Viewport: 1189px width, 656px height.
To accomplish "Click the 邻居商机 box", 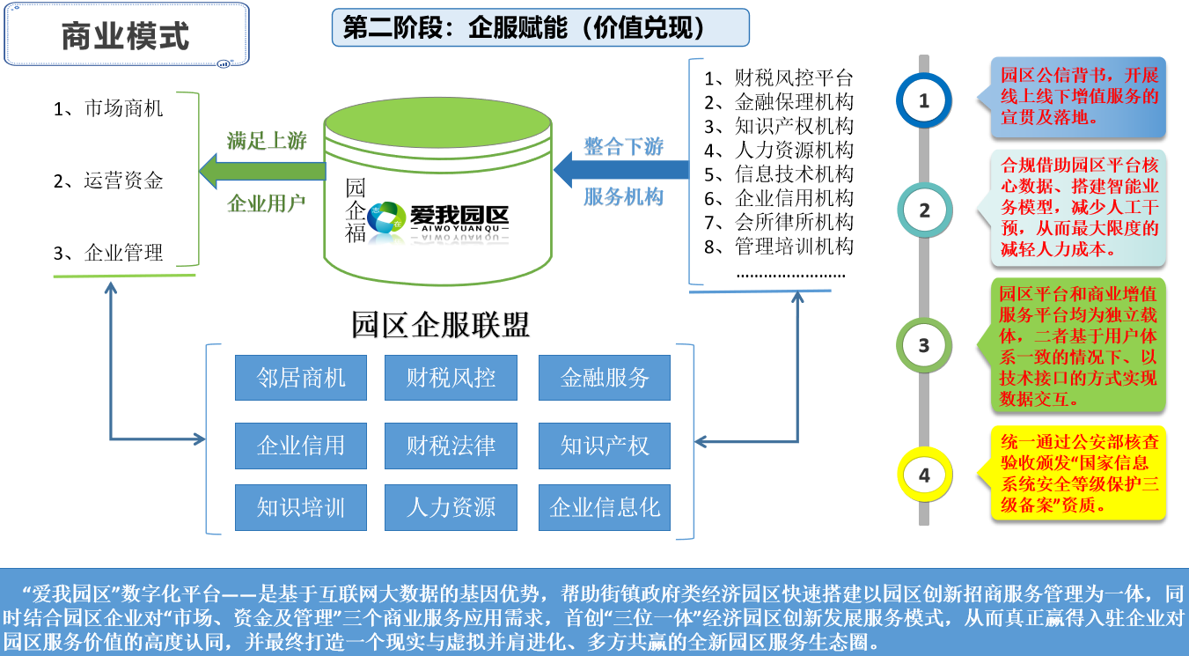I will [x=301, y=378].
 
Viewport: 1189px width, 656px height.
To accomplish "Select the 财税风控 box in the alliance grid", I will [x=451, y=378].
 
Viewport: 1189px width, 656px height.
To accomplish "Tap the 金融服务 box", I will [x=605, y=378].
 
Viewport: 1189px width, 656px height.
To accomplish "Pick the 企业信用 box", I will [x=301, y=446].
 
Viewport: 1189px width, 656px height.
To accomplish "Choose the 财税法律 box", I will [x=451, y=446].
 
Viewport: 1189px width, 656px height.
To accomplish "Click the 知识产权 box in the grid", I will [x=605, y=446].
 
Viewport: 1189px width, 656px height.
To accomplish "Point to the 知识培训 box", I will [x=301, y=507].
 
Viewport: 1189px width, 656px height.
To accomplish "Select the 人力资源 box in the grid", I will [x=451, y=507].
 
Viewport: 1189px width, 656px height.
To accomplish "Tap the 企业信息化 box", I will [x=605, y=507].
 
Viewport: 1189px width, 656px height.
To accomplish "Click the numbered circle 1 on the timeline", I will [x=923, y=101].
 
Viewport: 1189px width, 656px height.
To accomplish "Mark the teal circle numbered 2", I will [x=923, y=210].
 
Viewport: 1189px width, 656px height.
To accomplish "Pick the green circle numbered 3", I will [x=923, y=345].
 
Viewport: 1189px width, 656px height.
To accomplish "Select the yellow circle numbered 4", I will [x=923, y=475].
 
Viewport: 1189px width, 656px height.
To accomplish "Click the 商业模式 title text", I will [x=125, y=37].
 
